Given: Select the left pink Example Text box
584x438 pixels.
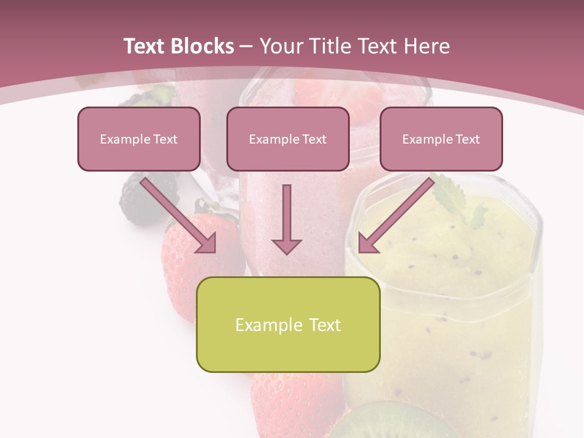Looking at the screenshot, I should tap(139, 139).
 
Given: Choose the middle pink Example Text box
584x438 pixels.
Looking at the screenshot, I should tap(288, 139).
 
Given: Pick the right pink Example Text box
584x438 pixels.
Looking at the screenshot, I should tap(441, 139).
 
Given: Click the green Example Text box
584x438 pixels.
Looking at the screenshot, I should tap(288, 324).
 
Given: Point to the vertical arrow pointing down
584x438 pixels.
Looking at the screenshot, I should tap(287, 219).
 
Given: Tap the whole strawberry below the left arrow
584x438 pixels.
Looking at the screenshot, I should tap(195, 249).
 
